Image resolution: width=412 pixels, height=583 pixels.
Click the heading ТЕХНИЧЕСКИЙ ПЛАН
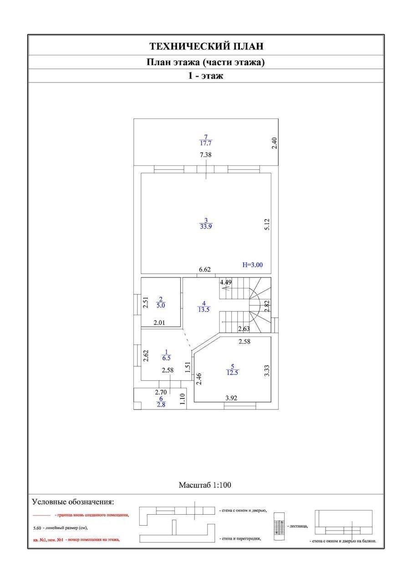pos(206,46)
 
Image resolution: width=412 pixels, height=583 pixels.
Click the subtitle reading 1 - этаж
pos(206,76)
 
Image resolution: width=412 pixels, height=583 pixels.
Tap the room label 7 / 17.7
pos(206,140)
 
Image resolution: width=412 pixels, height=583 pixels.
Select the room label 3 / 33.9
pos(206,223)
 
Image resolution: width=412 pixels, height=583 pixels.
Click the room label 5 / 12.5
pos(232,369)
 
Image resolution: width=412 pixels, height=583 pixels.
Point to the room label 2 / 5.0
pos(160,302)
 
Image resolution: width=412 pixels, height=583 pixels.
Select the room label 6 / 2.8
pos(160,401)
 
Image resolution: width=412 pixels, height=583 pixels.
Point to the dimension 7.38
pos(206,155)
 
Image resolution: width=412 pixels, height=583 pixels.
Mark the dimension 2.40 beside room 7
pos(274,143)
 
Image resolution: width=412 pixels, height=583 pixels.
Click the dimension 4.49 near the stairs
pos(226,282)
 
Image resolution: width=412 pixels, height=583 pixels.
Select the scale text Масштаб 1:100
pos(205,485)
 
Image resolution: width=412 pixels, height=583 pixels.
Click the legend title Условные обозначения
pos(73,502)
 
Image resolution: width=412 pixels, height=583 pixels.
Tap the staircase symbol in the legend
pos(280,526)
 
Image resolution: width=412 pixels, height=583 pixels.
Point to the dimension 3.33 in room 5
pos(268,369)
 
